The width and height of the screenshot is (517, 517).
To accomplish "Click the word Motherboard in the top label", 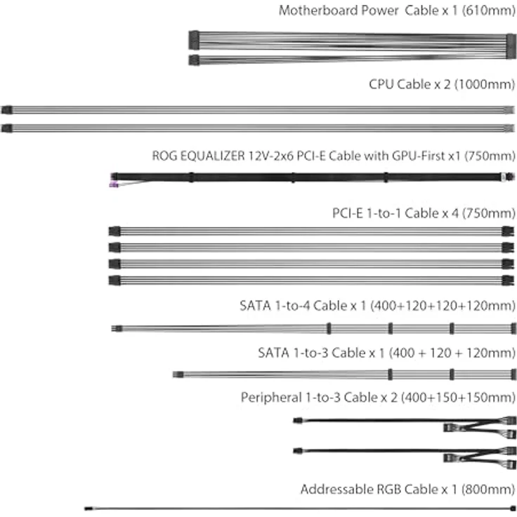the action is (339, 11).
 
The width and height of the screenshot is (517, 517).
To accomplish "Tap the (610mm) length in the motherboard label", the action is (489, 11).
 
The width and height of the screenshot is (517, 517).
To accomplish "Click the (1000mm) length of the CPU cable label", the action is (485, 84).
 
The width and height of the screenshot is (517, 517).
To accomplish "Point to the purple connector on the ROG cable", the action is (114, 185).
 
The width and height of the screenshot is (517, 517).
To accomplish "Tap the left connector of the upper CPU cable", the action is (7, 110).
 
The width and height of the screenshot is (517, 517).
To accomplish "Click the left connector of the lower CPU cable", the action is (7, 129).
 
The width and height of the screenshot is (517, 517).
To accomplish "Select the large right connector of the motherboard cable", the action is (511, 46).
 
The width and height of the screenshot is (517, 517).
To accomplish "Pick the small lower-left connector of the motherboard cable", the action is (194, 60).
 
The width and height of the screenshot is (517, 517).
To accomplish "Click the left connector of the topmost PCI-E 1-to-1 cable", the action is (114, 232).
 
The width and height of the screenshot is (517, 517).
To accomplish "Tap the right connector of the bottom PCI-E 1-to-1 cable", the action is (508, 280).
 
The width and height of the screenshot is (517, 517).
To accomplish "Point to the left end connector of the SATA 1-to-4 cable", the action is (117, 329).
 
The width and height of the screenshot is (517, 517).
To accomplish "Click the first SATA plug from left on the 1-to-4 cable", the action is (329, 329).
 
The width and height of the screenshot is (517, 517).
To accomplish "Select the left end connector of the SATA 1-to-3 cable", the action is (178, 374).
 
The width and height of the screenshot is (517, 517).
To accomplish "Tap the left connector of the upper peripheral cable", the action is (298, 421).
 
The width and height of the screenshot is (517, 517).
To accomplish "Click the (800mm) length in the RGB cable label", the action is (488, 490).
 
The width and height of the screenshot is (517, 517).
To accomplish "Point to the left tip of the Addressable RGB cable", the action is (86, 509).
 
